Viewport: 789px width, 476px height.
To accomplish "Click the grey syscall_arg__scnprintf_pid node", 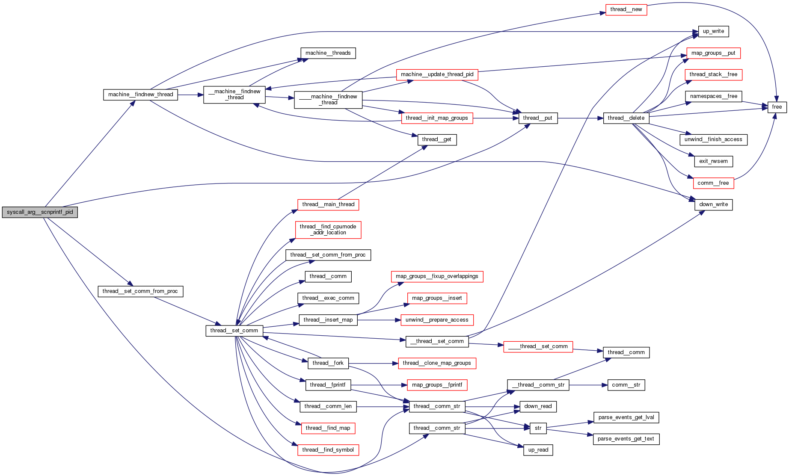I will [40, 212].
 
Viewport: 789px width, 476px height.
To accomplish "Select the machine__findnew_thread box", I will [140, 95].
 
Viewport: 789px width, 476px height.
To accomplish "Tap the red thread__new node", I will [626, 9].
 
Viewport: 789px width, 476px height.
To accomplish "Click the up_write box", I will [713, 31].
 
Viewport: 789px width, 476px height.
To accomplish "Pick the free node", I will [777, 107].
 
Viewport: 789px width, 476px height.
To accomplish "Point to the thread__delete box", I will [626, 118].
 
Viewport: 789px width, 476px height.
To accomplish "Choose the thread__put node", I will [537, 118].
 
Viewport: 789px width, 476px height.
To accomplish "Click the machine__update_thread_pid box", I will [437, 74].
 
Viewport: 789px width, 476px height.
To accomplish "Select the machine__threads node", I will [328, 53].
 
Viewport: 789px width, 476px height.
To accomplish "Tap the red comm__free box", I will [713, 183].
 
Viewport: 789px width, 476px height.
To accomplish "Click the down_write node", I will [713, 204].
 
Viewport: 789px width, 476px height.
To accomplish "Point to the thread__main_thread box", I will [328, 204].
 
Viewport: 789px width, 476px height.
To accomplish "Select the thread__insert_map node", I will [328, 320].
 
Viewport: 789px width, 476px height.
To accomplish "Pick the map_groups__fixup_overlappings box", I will [437, 276].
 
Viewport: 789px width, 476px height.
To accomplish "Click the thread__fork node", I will [328, 363].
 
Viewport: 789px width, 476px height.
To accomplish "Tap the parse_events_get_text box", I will [626, 439].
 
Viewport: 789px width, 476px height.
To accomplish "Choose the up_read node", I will [538, 450].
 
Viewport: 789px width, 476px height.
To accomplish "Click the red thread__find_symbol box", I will [328, 450].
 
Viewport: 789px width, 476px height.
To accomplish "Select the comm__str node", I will [626, 385].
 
